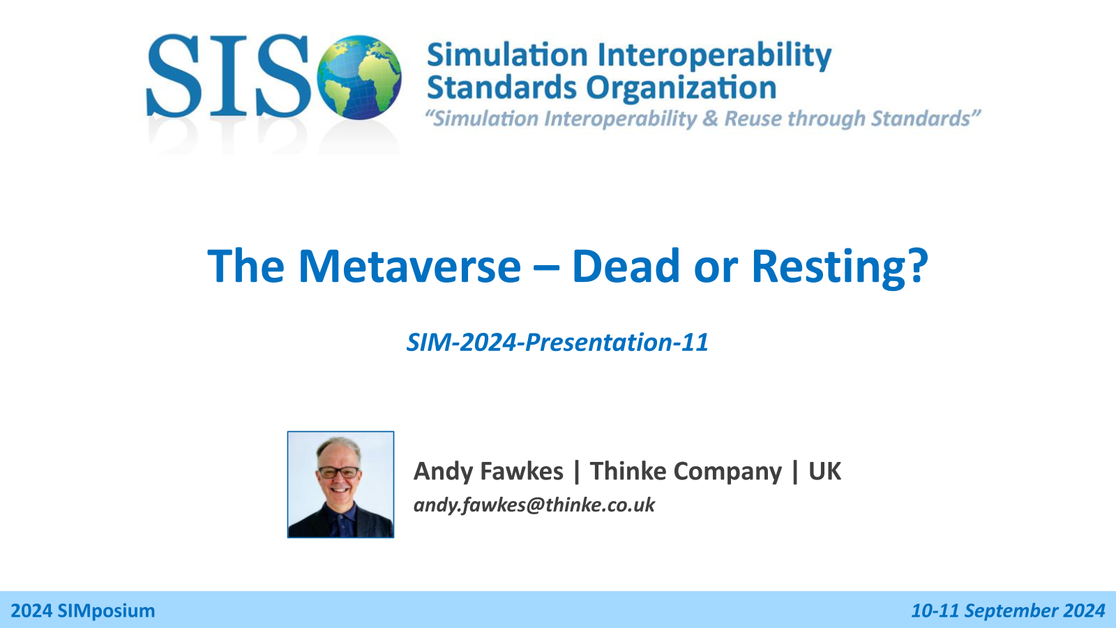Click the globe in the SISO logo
359,77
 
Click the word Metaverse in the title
409,266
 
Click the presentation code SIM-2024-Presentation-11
557,343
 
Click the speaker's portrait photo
341,484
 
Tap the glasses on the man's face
339,472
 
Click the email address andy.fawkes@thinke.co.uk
534,505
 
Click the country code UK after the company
824,471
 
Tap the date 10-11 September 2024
1009,611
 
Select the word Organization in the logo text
681,89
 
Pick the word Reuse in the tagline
753,119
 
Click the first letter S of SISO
174,75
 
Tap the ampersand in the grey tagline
710,119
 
